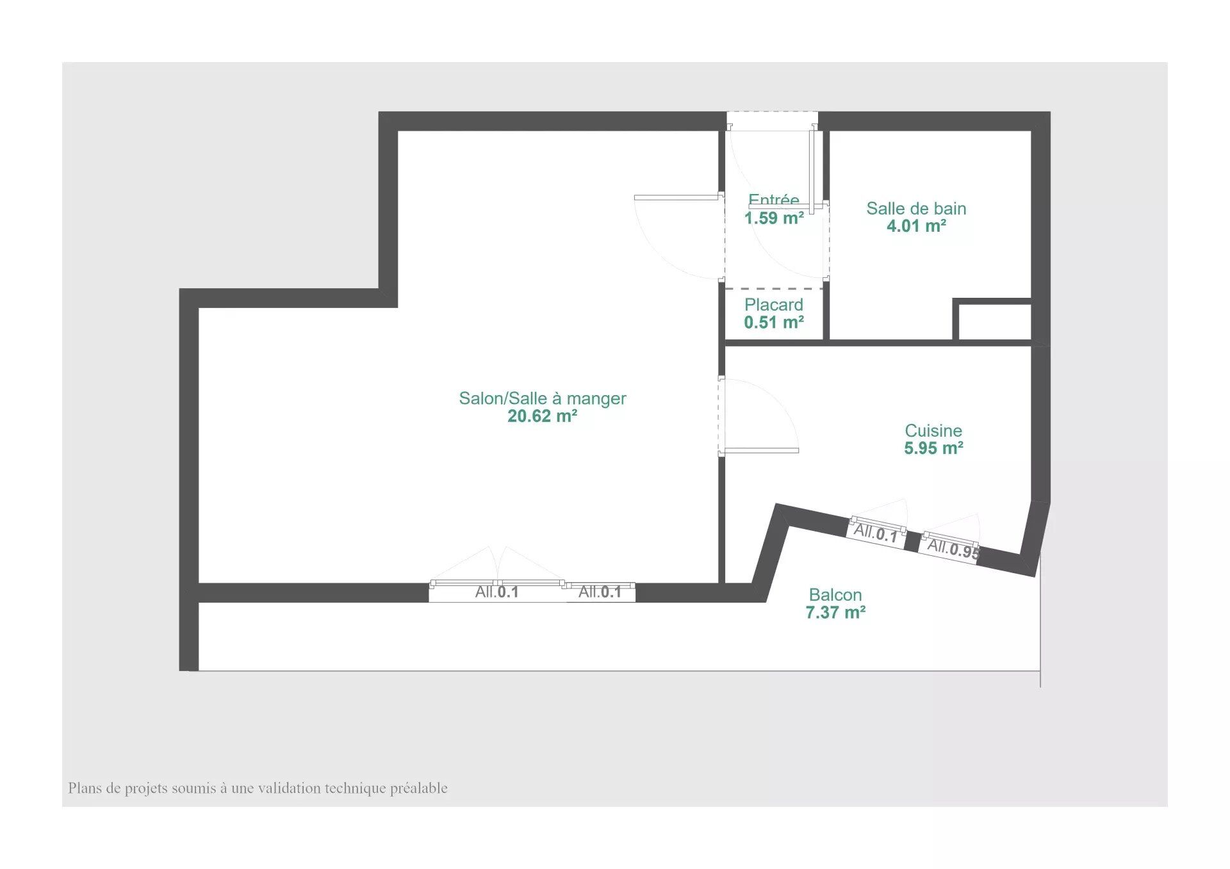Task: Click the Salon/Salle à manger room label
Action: click(543, 398)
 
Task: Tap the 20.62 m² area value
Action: click(543, 416)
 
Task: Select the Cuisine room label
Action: click(933, 430)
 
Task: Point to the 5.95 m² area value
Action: click(933, 448)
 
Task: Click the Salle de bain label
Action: click(916, 208)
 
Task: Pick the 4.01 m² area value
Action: click(916, 225)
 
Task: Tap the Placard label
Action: click(774, 305)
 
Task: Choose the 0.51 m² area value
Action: click(774, 322)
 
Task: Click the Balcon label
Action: click(835, 595)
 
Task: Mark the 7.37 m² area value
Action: click(835, 613)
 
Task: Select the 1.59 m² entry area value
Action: click(774, 218)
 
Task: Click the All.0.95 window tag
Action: click(953, 548)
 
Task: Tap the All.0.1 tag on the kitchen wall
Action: click(876, 533)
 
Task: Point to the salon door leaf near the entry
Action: click(676, 197)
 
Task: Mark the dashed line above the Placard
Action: click(774, 289)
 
